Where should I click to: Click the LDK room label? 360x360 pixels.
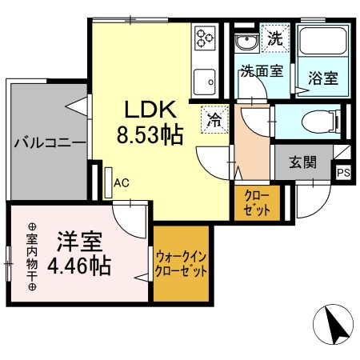(x=145, y=110)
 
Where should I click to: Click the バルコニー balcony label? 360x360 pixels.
(x=48, y=144)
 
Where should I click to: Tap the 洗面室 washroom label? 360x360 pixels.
(x=261, y=70)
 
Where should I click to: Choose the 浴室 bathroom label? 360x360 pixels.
(x=322, y=79)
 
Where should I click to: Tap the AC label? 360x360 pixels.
(x=122, y=182)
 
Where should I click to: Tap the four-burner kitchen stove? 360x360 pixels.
(x=205, y=37)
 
